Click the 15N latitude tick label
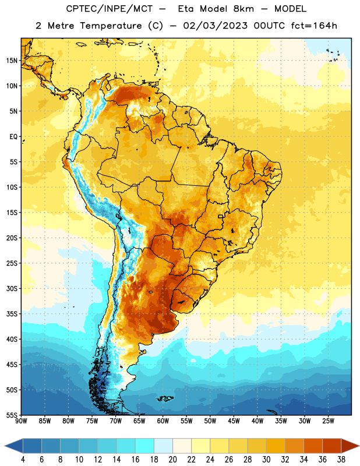[12, 61]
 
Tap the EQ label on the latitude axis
[13, 137]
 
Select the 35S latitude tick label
[12, 314]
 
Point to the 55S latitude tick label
[12, 415]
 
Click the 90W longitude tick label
[21, 421]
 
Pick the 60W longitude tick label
[163, 421]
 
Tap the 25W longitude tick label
[328, 421]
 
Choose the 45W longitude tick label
[234, 421]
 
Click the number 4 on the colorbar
[23, 460]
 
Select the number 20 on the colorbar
[172, 460]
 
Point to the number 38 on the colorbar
[341, 460]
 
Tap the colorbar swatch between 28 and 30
[257, 446]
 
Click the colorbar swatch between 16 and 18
[145, 446]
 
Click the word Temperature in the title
[111, 26]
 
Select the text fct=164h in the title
[314, 26]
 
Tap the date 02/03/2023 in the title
[215, 26]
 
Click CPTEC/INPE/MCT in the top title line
[109, 9]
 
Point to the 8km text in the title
[243, 9]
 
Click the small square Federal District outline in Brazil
[221, 216]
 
